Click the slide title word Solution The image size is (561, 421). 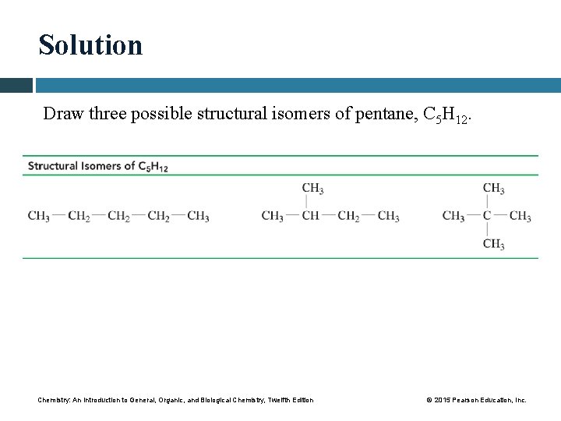(91, 45)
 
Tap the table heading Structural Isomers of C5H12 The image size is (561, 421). (98, 165)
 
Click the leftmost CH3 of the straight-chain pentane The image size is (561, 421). (39, 216)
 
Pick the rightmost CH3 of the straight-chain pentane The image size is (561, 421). (198, 216)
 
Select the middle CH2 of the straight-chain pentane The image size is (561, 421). (118, 216)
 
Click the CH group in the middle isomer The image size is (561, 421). (310, 216)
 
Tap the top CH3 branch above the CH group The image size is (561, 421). (312, 188)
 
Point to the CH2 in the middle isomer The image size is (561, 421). (348, 216)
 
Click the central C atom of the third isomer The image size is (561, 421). (487, 216)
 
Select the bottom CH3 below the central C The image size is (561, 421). (493, 244)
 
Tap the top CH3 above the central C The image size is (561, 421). (493, 188)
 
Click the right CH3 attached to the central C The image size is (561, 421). (520, 216)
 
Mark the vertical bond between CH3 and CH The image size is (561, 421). (306, 202)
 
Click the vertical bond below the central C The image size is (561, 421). (487, 230)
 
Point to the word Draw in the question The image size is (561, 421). (59, 114)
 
